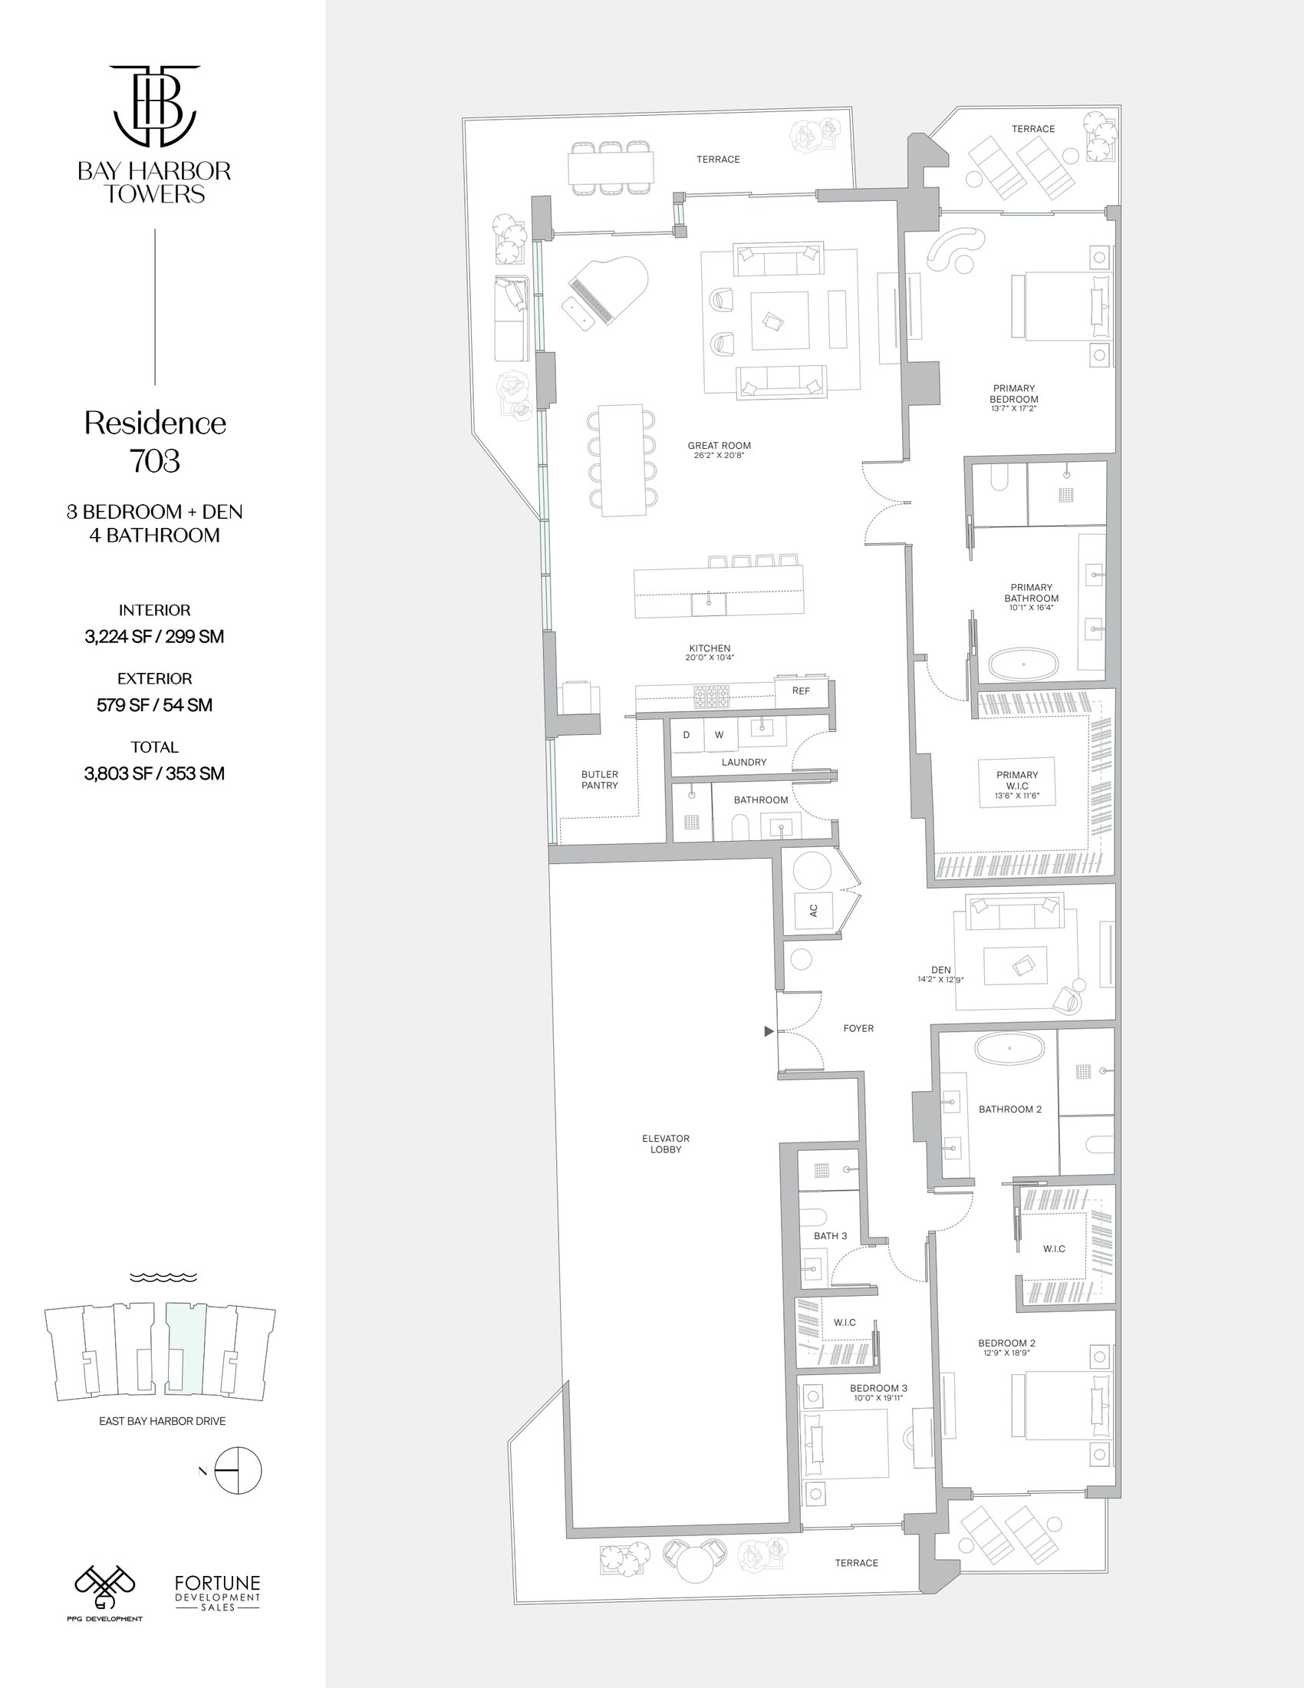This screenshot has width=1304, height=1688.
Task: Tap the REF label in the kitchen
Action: point(800,691)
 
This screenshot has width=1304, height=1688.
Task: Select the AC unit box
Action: point(812,911)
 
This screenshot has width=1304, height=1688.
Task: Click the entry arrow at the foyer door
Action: point(769,1031)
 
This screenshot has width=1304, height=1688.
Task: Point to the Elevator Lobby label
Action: point(665,1143)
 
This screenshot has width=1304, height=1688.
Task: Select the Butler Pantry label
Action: point(600,779)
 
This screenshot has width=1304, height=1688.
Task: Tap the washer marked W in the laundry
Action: point(720,735)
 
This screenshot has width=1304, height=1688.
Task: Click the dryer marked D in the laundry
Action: point(686,735)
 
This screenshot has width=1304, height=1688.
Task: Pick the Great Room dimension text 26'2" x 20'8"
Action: point(719,456)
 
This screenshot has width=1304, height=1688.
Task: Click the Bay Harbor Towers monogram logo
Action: point(154,105)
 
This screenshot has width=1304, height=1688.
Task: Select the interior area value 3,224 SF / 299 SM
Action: point(154,636)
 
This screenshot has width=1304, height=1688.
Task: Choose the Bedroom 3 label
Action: point(878,1388)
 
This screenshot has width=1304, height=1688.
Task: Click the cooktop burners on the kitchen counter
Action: point(712,697)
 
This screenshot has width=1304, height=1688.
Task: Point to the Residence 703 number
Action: point(155,460)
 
